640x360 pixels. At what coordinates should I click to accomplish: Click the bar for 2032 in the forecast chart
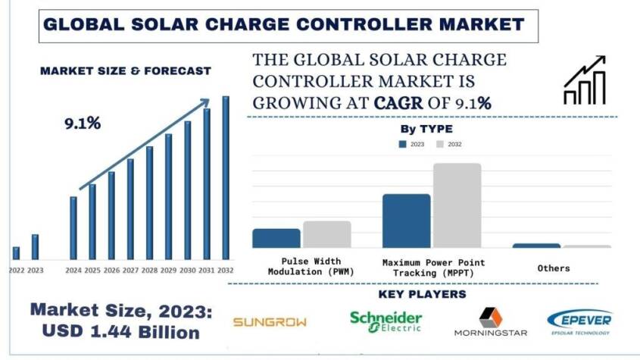225,178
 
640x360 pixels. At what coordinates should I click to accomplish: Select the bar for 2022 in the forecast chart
16,253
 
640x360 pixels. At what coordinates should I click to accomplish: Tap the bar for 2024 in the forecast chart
73,227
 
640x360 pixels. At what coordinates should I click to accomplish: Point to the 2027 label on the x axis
130,270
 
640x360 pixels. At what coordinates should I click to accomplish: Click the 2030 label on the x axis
187,270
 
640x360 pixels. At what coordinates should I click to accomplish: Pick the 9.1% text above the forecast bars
83,123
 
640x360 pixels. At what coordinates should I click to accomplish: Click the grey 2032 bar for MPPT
457,205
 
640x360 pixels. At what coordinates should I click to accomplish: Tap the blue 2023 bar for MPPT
406,221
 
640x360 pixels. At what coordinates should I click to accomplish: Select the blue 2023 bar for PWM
276,238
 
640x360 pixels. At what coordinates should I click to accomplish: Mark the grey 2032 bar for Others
586,246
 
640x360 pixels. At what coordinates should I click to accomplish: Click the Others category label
554,268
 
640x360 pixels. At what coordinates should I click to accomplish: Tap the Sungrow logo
270,321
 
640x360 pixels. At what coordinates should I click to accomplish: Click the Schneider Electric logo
386,322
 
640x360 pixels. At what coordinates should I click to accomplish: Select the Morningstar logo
490,322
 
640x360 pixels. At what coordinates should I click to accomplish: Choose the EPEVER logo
580,321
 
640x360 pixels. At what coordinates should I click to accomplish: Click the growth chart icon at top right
584,80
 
